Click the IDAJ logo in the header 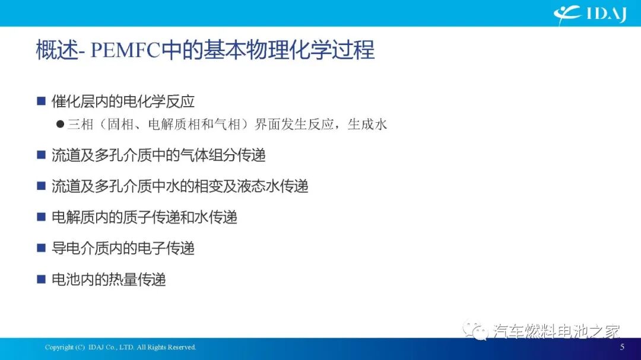(x=590, y=14)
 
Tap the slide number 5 (x=622, y=347)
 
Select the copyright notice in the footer (x=120, y=347)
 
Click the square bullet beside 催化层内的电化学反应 (x=41, y=101)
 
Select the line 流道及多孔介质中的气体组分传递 (x=158, y=155)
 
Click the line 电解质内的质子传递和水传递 (x=144, y=217)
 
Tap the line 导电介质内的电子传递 (x=123, y=248)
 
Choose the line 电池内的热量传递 (x=109, y=279)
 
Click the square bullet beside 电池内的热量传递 (x=41, y=279)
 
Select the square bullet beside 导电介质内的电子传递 (x=41, y=248)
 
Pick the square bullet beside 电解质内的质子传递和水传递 (x=41, y=217)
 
